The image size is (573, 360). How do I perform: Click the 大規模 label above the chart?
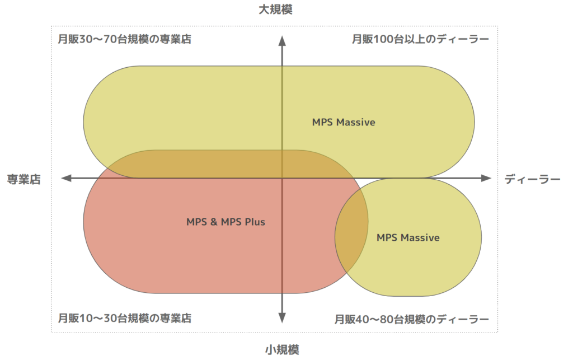tap(275, 10)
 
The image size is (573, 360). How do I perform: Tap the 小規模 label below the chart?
tap(282, 350)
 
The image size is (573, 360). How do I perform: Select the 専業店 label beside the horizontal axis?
tap(24, 179)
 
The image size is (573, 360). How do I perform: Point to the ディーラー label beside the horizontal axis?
tap(532, 179)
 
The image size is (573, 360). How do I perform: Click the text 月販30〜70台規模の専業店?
tap(125, 40)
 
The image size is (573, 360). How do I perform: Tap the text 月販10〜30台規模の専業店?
tap(125, 319)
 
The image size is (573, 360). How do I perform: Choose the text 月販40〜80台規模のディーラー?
tap(412, 320)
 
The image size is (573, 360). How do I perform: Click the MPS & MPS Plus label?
tap(226, 222)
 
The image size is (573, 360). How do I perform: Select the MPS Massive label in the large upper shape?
tap(344, 122)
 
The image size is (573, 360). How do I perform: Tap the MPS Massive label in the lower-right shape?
tap(408, 238)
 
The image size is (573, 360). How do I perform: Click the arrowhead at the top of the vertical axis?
tap(282, 39)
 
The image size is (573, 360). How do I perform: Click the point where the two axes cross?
tap(282, 178)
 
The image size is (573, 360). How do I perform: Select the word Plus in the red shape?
tap(255, 222)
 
